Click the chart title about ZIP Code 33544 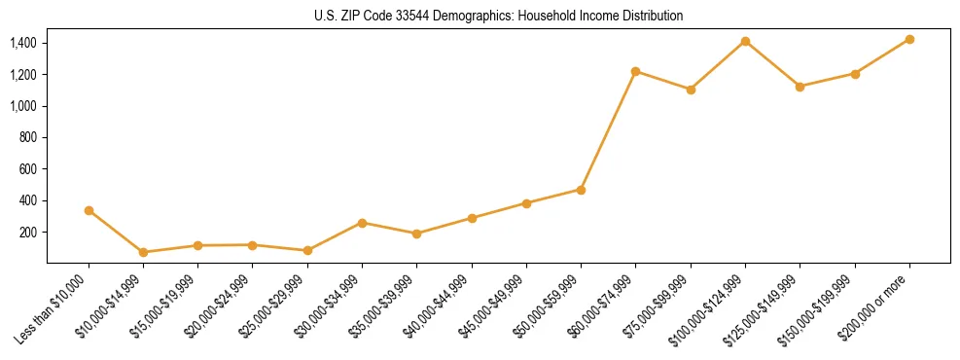pos(498,17)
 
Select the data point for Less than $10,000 pos(89,210)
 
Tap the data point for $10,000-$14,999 pos(143,252)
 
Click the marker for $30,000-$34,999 pos(362,223)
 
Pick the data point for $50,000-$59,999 pos(581,190)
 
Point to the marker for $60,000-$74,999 pos(635,71)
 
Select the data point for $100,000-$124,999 pos(745,41)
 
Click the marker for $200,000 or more pos(909,39)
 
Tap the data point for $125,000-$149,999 pos(800,87)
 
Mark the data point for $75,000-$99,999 pos(691,90)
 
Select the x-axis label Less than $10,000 pos(53,307)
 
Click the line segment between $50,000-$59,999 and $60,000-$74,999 pos(608,130)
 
